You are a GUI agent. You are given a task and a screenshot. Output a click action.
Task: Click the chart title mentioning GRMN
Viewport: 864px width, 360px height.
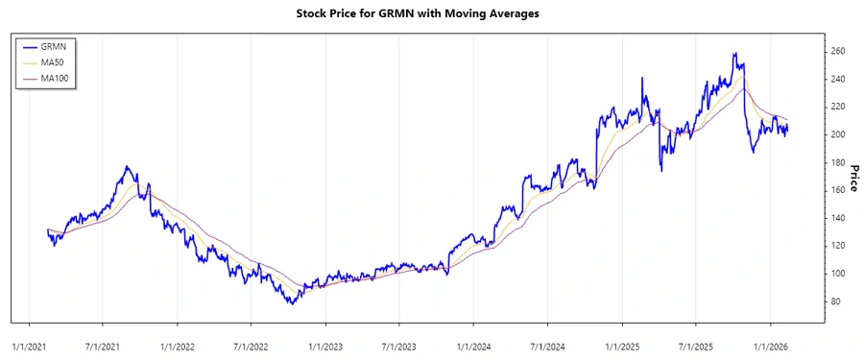tap(431, 14)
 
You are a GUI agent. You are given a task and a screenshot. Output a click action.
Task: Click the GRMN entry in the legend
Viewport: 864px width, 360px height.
tap(61, 46)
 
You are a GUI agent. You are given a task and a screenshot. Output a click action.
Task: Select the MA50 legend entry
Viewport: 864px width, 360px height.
tap(61, 62)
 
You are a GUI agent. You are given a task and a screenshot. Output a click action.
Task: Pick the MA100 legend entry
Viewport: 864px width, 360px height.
tap(63, 79)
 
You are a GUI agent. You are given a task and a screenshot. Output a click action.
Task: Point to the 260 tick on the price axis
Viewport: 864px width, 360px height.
tap(838, 51)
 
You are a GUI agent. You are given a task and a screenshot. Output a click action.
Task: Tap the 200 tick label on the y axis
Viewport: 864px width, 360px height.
tap(838, 134)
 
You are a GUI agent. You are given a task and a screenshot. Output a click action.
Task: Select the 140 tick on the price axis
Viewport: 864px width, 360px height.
tap(838, 218)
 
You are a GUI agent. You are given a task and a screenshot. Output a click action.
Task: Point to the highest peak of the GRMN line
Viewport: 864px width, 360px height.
tap(734, 54)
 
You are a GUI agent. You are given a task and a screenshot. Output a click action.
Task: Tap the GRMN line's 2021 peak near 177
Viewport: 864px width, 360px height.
tap(128, 167)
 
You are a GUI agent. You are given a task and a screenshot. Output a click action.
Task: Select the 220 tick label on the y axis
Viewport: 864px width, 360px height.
tap(838, 107)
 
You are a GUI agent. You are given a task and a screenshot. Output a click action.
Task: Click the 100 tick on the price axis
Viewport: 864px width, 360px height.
tap(838, 274)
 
